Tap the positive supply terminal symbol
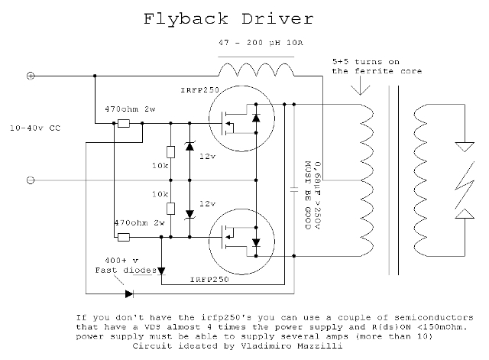point(31,76)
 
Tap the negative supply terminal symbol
point(31,180)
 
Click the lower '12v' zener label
point(206,204)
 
